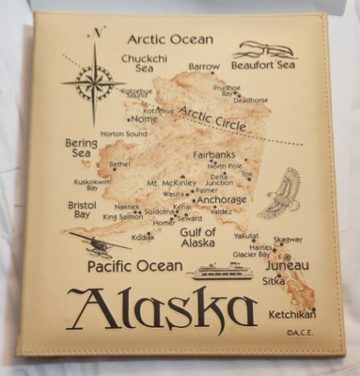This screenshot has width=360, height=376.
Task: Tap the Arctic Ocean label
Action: point(170,39)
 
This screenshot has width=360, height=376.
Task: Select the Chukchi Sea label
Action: point(144,62)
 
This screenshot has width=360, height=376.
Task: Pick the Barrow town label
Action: point(203,68)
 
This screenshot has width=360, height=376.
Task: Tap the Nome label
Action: point(144,119)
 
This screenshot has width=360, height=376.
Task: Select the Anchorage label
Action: point(222,199)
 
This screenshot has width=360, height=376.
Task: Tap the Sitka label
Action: point(274,280)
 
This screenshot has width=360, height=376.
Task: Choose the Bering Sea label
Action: point(81,149)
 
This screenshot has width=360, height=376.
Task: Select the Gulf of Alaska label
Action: point(197,237)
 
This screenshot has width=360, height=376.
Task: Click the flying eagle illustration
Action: point(280,193)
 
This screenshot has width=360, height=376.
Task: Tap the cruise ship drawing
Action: point(220,271)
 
